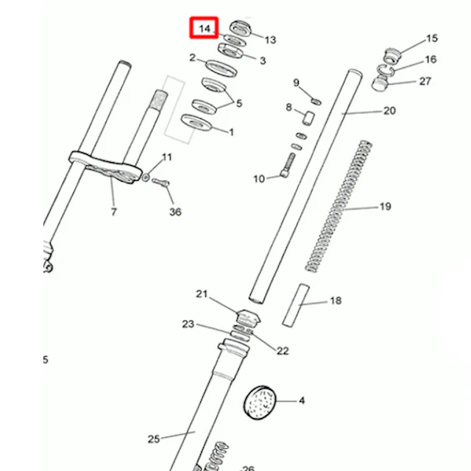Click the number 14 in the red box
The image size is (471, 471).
pos(205,29)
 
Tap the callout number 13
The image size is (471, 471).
pos(270,40)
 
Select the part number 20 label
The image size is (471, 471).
pos(389,111)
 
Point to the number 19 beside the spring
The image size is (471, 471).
pos(386,207)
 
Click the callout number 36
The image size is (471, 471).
pos(175,212)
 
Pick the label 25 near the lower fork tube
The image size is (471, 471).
pos(154,439)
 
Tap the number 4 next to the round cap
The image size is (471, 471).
pos(302,400)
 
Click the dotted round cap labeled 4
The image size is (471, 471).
pos(260,403)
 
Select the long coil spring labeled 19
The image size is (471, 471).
pos(339,206)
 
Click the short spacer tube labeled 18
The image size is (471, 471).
pos(296,305)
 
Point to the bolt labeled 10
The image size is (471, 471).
pos(288,165)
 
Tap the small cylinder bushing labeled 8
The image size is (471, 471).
pos(308,118)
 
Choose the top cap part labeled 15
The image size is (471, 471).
pos(393,56)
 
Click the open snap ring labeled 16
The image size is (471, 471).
pos(386,70)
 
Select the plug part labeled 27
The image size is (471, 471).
pos(380,84)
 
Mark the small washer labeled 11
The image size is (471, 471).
pos(146,177)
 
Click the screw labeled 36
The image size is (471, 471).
pos(160,183)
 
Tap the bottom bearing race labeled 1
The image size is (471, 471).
pos(196,123)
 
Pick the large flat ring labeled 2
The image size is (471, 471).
pos(222,68)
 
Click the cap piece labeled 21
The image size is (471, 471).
pos(247,317)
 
